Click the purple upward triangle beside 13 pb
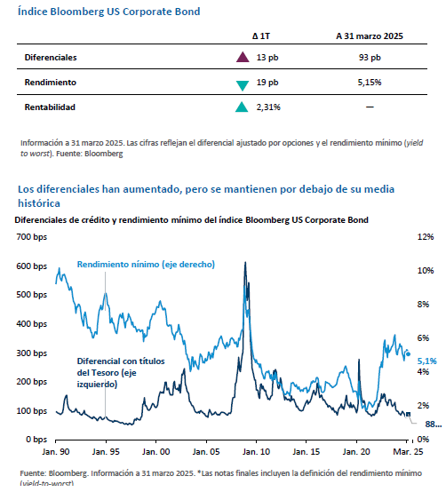[x=243, y=57]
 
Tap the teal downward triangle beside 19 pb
[x=243, y=85]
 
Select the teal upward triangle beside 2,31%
[x=242, y=107]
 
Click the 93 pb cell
[x=370, y=58]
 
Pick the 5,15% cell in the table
[x=370, y=83]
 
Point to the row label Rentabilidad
[x=50, y=107]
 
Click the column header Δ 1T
[x=261, y=36]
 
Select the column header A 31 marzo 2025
[x=370, y=36]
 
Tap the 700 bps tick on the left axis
[x=32, y=237]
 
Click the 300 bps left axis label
[x=32, y=353]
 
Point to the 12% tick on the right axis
[x=426, y=237]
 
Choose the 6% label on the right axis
[x=423, y=338]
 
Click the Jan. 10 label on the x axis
[x=256, y=452]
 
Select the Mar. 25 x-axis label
[x=408, y=452]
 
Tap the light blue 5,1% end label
[x=426, y=361]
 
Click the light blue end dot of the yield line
[x=408, y=354]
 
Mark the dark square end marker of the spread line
[x=408, y=415]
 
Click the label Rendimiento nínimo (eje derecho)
[x=146, y=265]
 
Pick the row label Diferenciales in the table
[x=51, y=58]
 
